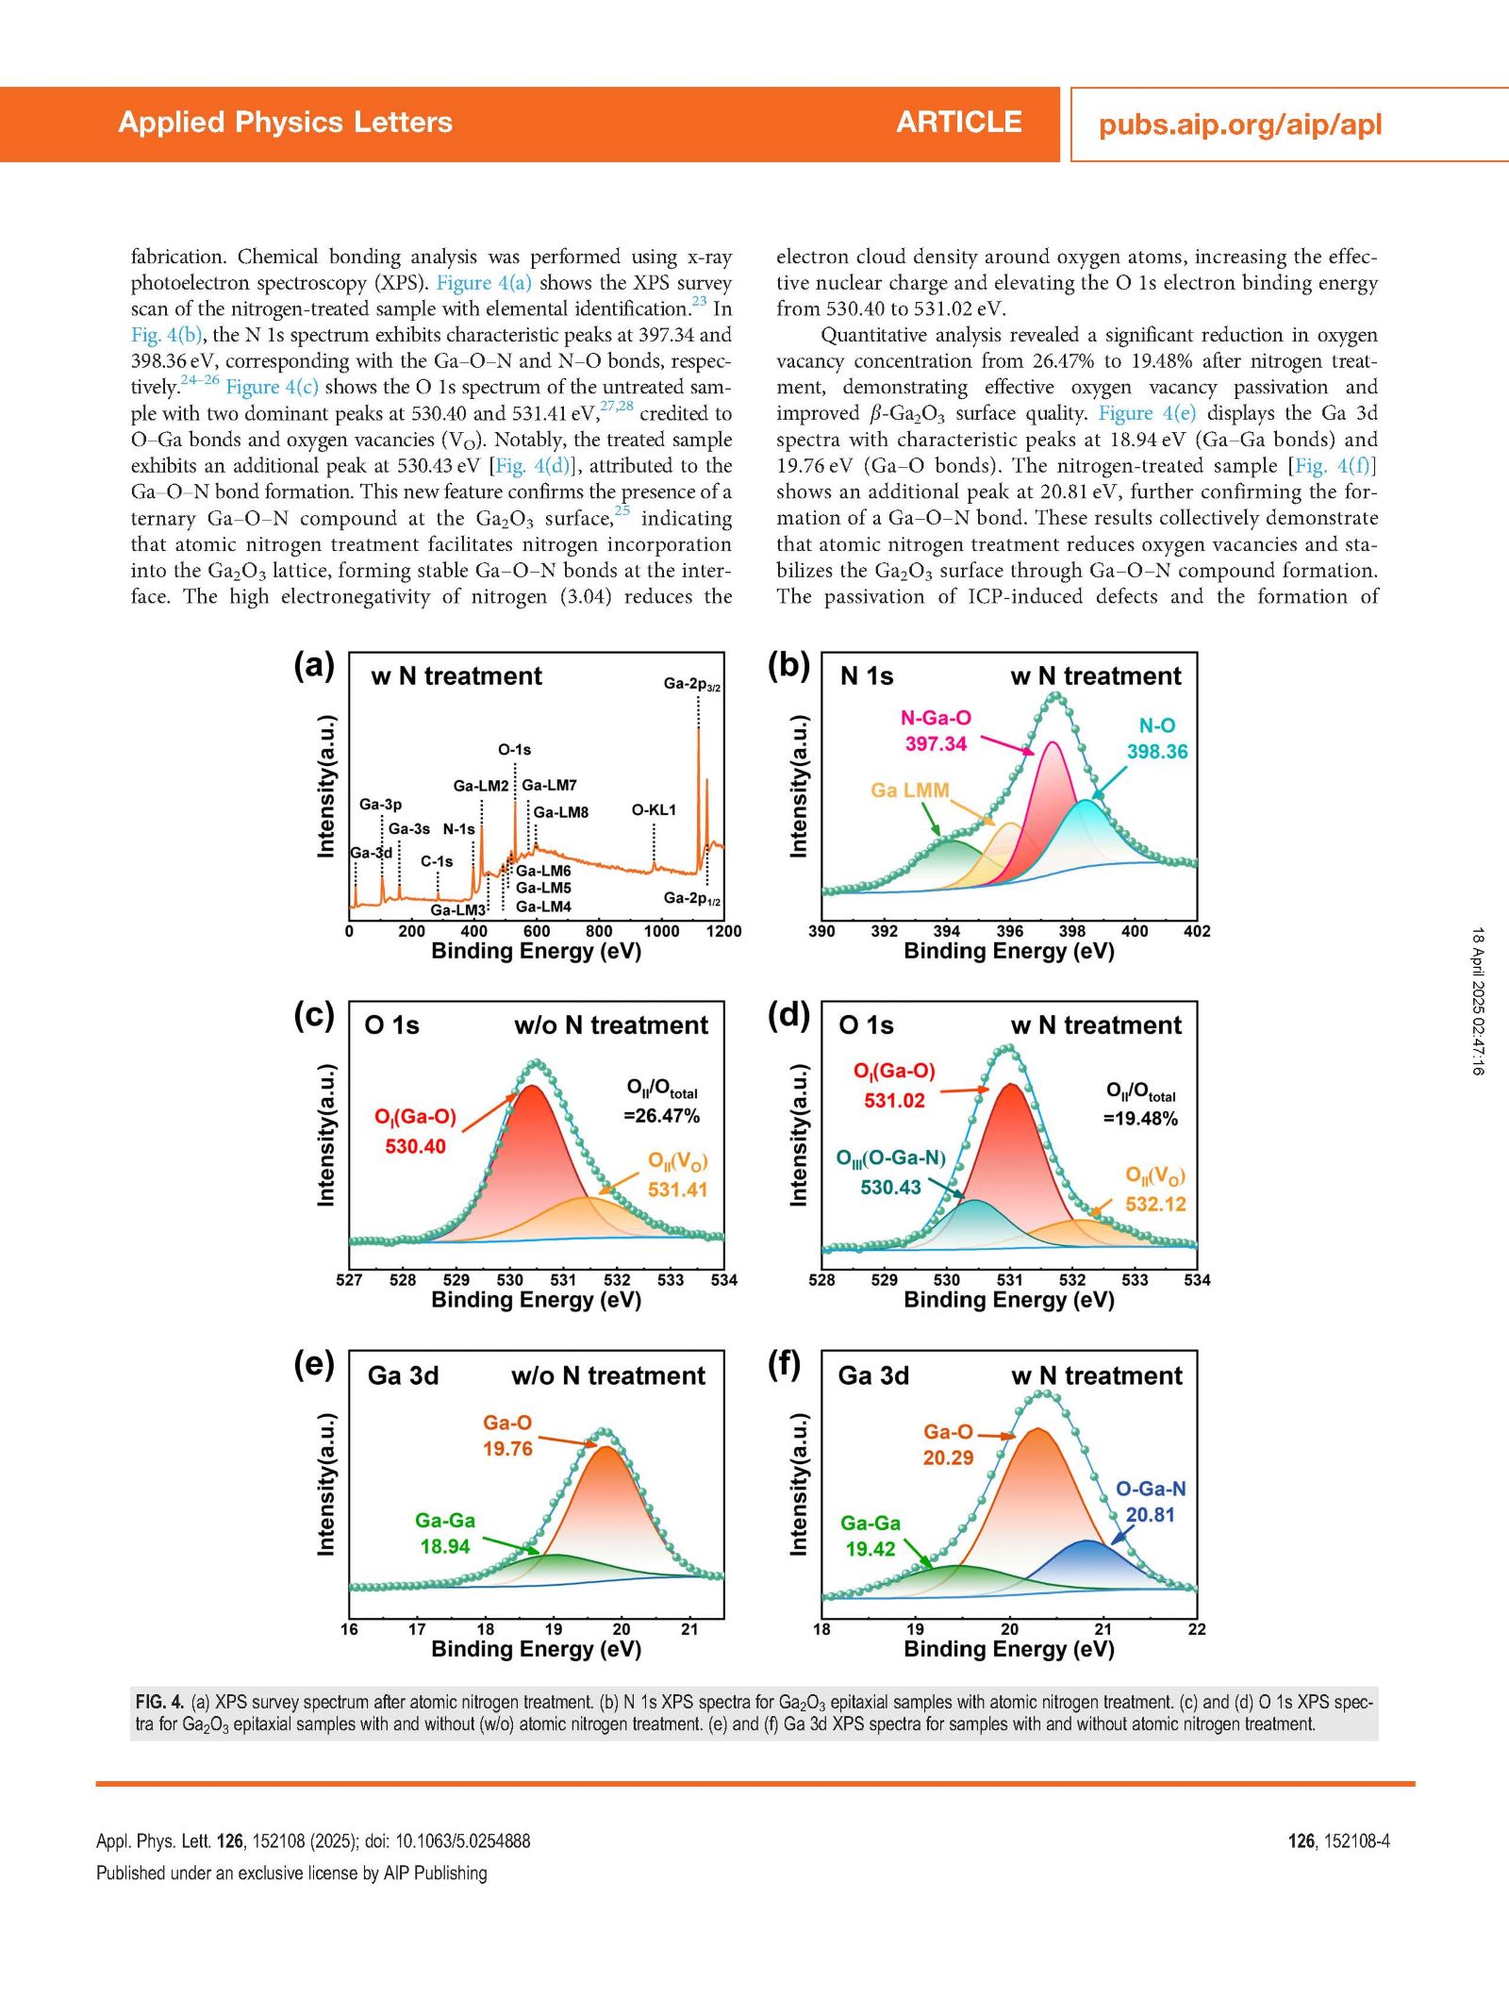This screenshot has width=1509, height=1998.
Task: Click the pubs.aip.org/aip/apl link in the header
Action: [x=1239, y=125]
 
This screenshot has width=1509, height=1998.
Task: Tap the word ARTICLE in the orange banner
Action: [x=959, y=123]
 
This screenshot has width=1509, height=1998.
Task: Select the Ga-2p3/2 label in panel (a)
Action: [x=692, y=684]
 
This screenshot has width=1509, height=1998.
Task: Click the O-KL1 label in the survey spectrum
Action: [x=654, y=809]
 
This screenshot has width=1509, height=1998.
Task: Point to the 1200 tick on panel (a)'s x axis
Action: [x=724, y=931]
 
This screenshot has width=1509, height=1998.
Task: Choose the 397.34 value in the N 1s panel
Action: [x=936, y=743]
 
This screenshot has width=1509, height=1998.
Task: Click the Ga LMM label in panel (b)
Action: [x=910, y=790]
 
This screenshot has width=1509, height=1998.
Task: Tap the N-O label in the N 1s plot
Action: [x=1157, y=725]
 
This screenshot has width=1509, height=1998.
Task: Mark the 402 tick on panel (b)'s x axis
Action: [x=1197, y=931]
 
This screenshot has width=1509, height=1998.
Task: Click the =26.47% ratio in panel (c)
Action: [x=661, y=1116]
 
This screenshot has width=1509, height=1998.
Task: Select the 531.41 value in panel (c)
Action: [x=677, y=1190]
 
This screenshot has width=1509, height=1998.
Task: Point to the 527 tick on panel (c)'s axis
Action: [x=349, y=1280]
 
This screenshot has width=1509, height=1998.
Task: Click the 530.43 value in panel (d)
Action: [x=890, y=1187]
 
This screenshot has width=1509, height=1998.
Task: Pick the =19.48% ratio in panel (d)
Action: [x=1140, y=1119]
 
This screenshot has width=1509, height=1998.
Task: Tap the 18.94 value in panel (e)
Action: [x=444, y=1546]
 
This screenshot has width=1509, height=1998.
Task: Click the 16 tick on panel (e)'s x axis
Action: [x=349, y=1629]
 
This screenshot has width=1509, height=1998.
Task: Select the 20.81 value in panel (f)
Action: [x=1151, y=1515]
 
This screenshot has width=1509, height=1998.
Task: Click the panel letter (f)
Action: [x=784, y=1364]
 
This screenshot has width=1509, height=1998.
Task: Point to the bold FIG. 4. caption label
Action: [x=159, y=1702]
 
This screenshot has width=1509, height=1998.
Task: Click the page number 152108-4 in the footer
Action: [x=1356, y=1840]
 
